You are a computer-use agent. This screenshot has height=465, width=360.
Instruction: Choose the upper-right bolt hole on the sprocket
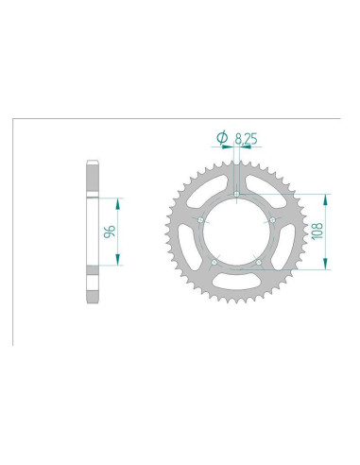click(272, 221)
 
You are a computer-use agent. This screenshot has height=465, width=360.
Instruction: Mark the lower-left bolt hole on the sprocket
click(214, 262)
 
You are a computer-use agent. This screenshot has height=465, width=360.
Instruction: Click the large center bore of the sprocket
click(236, 232)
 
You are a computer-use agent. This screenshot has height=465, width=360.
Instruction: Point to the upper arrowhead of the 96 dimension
click(118, 202)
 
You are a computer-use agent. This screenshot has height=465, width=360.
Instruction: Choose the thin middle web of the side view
click(91, 232)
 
